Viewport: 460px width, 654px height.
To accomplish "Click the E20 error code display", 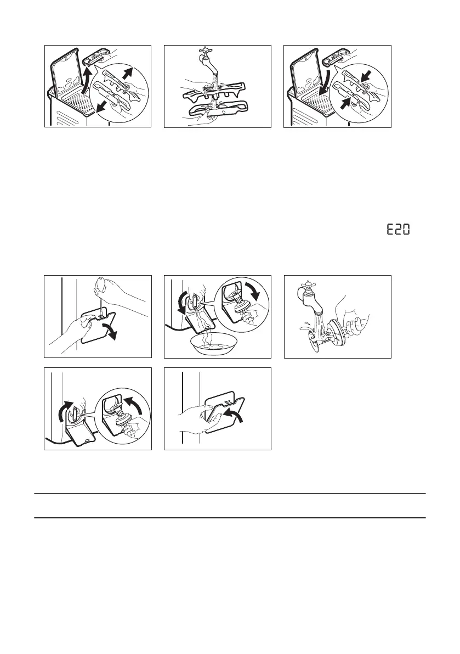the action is click(398, 230).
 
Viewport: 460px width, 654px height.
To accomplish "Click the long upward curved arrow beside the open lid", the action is click(86, 82).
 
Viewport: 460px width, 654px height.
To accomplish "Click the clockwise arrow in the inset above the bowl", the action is click(252, 291).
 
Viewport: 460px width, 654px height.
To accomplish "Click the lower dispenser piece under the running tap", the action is click(217, 110).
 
